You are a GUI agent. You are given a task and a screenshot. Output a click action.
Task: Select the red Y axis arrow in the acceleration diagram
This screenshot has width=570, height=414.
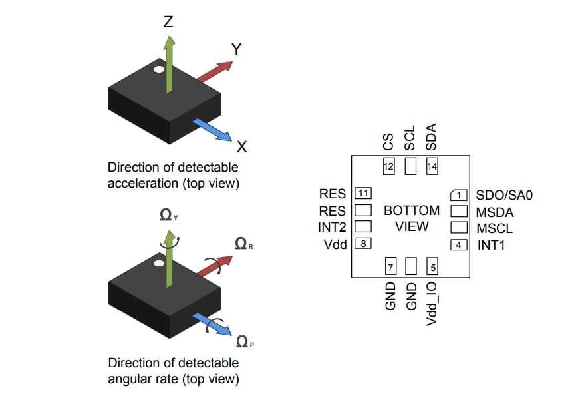[x=215, y=69]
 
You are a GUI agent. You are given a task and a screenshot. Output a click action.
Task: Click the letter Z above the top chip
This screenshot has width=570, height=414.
[x=168, y=22]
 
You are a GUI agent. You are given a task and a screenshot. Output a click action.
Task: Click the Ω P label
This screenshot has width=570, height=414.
[x=245, y=342]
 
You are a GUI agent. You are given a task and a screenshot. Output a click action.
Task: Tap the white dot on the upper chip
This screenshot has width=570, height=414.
[x=158, y=69]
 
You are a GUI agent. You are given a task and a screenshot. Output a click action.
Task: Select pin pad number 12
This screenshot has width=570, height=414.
[x=389, y=166]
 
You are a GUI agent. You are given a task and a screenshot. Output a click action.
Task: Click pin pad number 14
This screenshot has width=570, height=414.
[x=432, y=166]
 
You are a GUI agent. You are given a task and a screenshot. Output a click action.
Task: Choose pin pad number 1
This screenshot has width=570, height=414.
[x=459, y=194]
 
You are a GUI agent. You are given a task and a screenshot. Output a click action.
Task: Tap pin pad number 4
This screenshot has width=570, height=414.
[x=459, y=244]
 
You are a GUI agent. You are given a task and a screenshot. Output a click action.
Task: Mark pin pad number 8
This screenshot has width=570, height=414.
[x=362, y=244]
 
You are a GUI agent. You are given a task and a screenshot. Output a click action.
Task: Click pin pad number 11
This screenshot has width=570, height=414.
[x=362, y=194]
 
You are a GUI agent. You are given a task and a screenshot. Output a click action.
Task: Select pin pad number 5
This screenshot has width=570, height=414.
[x=433, y=267]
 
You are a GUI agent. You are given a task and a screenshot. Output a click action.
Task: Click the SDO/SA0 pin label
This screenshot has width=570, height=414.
[x=504, y=195]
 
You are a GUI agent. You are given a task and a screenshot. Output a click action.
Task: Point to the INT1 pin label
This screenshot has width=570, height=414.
[x=492, y=245]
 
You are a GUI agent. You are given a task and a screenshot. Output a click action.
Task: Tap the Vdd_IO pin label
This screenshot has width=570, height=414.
[x=432, y=303]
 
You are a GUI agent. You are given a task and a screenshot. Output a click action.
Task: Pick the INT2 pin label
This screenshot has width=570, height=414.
[x=333, y=227]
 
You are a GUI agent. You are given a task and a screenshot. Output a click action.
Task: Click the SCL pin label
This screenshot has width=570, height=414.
[x=410, y=138]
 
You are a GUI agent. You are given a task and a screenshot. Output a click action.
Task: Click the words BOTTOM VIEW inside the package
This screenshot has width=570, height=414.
[x=412, y=218]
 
